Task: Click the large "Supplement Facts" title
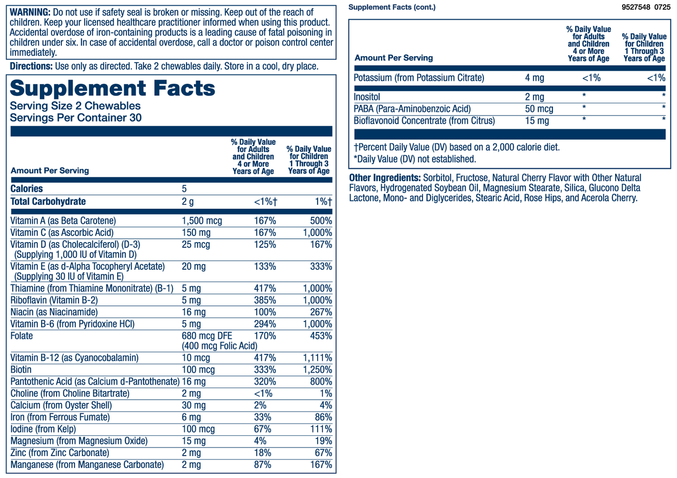pyautogui.click(x=112, y=88)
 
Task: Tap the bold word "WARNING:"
pyautogui.click(x=30, y=12)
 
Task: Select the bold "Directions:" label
pyautogui.click(x=31, y=66)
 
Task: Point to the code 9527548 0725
pyautogui.click(x=646, y=7)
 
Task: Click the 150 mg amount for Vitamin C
pyautogui.click(x=196, y=233)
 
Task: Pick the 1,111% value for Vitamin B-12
pyautogui.click(x=318, y=358)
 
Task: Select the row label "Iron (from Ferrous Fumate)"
pyautogui.click(x=60, y=417)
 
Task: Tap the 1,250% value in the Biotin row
pyautogui.click(x=318, y=370)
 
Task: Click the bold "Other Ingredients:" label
pyautogui.click(x=385, y=178)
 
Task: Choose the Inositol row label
pyautogui.click(x=367, y=97)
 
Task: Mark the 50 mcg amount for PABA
pyautogui.click(x=539, y=109)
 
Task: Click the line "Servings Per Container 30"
pyautogui.click(x=75, y=118)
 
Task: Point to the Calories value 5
pyautogui.click(x=184, y=189)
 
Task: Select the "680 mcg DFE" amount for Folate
pyautogui.click(x=207, y=336)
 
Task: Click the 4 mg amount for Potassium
pyautogui.click(x=534, y=78)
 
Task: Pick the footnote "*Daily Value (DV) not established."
pyautogui.click(x=415, y=159)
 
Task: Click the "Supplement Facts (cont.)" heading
pyautogui.click(x=392, y=7)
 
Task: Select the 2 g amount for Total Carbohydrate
pyautogui.click(x=187, y=202)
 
